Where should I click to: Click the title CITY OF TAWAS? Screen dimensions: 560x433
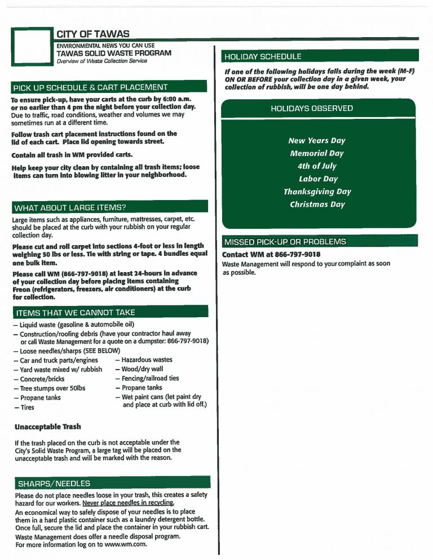[93, 34]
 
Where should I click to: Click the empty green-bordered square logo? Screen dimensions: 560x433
[32, 46]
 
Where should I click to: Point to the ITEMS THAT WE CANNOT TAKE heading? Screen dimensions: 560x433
[76, 313]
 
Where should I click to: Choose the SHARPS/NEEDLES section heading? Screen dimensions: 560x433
[54, 483]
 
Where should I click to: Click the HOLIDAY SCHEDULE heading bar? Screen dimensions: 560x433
[263, 56]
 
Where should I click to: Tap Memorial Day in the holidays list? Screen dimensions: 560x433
[316, 153]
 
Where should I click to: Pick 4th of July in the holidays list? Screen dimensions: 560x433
[316, 166]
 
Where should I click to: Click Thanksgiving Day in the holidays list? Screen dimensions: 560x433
[317, 192]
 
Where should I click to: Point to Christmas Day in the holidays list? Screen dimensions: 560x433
[317, 205]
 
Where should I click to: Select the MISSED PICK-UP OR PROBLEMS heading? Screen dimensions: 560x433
[285, 242]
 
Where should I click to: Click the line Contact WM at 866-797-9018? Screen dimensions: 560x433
[271, 254]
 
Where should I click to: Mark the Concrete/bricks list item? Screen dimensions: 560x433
[38, 379]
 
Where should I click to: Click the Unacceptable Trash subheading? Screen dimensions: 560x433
[48, 427]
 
